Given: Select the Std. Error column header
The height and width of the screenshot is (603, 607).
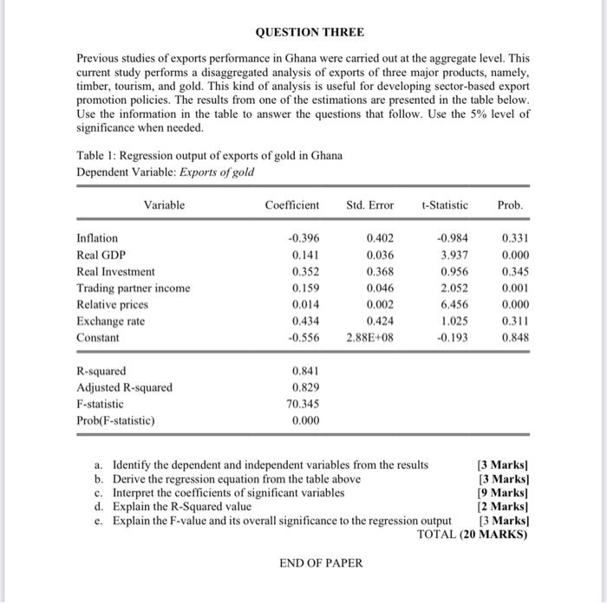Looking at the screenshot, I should click(369, 205).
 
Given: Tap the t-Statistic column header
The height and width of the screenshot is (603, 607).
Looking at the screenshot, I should click(444, 205).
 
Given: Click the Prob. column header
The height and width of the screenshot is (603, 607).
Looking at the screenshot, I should click(510, 205).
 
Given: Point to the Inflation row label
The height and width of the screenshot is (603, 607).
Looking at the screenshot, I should click(98, 238).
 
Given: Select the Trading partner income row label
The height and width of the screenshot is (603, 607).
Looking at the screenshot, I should click(133, 288).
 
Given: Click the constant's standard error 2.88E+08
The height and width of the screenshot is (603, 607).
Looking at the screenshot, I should click(369, 337).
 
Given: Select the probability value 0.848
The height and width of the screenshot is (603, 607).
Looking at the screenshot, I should click(514, 337).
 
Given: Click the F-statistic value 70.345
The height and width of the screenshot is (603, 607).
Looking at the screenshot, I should click(301, 404).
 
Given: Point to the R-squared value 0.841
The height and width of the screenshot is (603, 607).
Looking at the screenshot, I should click(305, 371).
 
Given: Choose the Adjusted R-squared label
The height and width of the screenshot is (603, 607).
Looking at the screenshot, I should click(124, 387).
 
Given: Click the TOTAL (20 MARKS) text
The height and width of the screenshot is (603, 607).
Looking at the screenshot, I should click(472, 534).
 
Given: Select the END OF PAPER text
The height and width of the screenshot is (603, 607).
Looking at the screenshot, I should click(321, 563).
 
